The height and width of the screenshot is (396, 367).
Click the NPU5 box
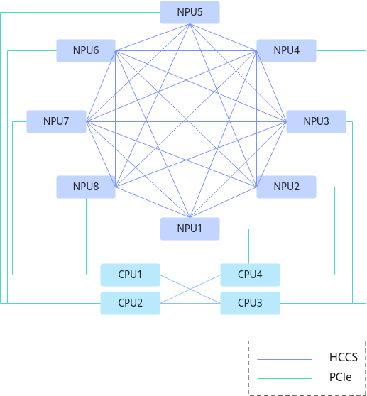(190, 12)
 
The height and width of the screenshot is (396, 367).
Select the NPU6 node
(86, 50)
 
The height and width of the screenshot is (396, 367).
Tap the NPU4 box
(286, 50)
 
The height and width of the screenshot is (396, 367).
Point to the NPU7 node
(56, 121)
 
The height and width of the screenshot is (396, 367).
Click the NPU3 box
(316, 121)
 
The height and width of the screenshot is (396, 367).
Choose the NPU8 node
(86, 187)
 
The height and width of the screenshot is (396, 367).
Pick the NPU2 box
(286, 187)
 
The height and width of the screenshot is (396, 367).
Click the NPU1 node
(190, 229)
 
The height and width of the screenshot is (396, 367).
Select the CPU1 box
(131, 275)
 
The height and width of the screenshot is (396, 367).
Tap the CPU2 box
(131, 303)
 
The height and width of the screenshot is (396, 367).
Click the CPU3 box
(250, 303)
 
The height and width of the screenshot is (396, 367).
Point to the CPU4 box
(250, 275)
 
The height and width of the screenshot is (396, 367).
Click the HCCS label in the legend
(344, 357)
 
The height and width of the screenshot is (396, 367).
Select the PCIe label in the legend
(341, 377)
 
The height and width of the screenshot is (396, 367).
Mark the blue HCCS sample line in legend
(285, 359)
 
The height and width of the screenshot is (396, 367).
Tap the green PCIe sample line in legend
(285, 378)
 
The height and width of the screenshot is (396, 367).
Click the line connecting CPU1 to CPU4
(190, 275)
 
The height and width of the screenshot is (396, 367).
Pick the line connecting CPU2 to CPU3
(190, 303)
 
